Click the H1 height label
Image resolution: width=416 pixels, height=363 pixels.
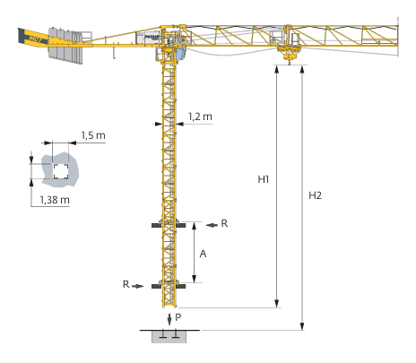point(264,179)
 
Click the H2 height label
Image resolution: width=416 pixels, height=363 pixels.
point(315,195)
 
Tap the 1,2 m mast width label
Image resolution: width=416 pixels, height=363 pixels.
point(200,117)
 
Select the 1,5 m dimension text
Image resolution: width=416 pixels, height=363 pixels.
point(93,135)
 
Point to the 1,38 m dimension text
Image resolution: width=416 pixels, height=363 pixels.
point(55,200)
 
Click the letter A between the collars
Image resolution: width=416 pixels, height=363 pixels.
point(203,254)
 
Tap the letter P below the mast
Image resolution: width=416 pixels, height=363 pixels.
point(178,317)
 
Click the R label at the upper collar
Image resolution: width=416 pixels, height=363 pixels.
point(224,223)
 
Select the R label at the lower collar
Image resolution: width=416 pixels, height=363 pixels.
point(126,284)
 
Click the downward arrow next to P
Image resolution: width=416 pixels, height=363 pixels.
point(169,319)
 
